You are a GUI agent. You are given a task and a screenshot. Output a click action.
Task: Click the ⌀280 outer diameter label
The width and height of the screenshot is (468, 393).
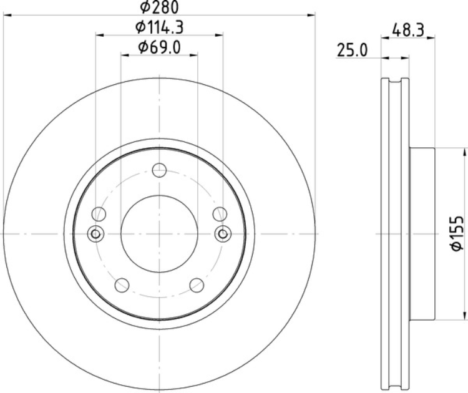[159, 7]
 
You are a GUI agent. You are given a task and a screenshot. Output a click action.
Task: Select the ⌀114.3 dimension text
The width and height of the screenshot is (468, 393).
[159, 27]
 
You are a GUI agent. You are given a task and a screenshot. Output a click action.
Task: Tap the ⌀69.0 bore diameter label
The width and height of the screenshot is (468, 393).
[159, 47]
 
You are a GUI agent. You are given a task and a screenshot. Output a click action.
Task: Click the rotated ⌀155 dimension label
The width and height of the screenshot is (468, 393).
[457, 234]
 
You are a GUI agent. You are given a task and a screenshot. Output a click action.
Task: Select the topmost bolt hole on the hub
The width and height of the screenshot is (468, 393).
[159, 169]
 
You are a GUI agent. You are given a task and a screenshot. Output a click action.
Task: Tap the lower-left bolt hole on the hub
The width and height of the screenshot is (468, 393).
[122, 285]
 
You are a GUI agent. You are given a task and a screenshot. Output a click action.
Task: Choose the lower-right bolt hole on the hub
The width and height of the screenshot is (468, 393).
[197, 285]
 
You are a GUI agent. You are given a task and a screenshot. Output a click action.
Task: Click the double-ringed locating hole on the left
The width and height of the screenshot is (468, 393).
[95, 233]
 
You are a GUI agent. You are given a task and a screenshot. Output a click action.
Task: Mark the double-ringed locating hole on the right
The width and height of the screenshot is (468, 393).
[223, 233]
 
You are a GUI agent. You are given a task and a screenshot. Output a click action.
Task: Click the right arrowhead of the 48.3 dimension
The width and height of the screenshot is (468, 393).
[431, 38]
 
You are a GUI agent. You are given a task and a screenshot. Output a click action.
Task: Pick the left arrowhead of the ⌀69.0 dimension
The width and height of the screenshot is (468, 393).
[125, 55]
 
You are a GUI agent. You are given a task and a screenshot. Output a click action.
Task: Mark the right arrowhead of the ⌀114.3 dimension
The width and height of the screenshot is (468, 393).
[219, 35]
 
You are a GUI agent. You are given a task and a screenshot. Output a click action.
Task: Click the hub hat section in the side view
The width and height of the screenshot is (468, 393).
[421, 234]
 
